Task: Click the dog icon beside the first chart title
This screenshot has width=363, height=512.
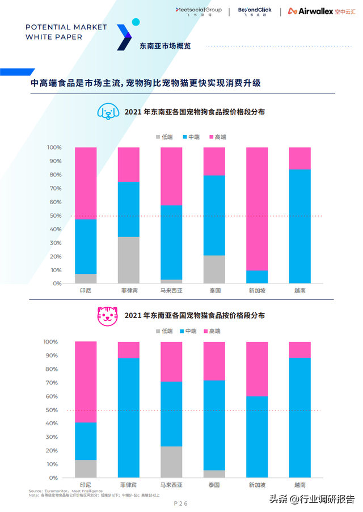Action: pos(107,111)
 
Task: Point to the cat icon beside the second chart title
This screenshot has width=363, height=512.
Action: pos(107,315)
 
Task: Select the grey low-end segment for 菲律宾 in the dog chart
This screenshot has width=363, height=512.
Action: pos(129,260)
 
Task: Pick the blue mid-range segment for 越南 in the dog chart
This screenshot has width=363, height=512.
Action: pos(299,226)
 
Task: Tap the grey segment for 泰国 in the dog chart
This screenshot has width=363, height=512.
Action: pos(214,269)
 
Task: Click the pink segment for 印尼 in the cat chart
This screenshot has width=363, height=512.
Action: pos(86,382)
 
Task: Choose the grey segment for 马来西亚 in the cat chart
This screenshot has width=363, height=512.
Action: pos(171,462)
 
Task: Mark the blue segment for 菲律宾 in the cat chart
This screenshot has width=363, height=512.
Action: pos(129,417)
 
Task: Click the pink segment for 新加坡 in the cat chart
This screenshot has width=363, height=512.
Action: pos(257,369)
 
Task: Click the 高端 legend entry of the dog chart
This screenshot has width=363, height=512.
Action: pos(217,137)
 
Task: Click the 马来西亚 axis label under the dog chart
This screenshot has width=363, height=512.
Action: pos(171,291)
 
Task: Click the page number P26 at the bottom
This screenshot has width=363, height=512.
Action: pos(180,503)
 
